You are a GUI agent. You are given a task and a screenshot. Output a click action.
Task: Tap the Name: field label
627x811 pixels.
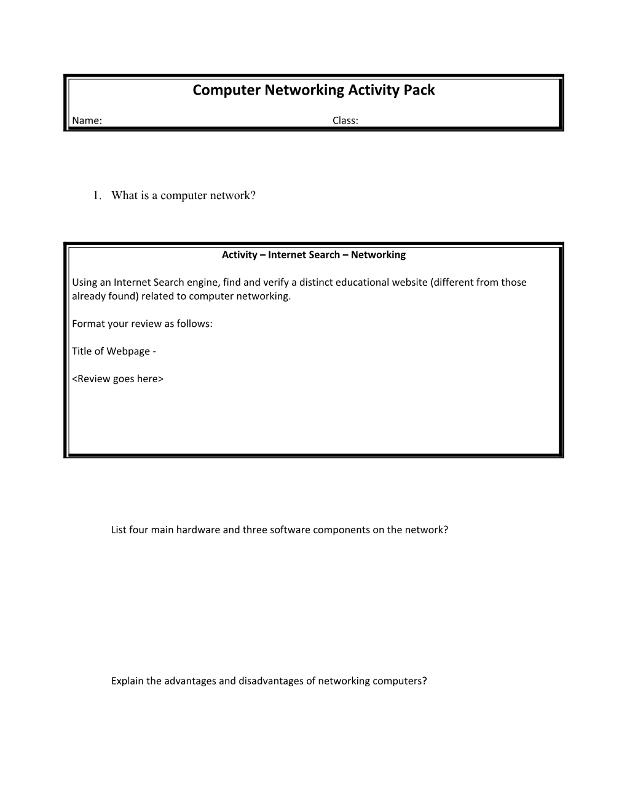tap(87, 120)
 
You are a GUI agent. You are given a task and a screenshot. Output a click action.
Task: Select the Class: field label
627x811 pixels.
tap(345, 120)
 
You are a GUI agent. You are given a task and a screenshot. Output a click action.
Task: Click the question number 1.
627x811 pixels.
tap(96, 195)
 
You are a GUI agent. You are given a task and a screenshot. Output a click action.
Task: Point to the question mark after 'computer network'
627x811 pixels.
tap(252, 195)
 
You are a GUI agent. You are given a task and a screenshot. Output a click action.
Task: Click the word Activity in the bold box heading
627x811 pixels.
tap(239, 255)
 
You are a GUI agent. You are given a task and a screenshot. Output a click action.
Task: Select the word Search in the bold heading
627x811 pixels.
tap(317, 255)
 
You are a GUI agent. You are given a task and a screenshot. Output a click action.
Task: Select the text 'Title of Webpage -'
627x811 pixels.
tap(114, 351)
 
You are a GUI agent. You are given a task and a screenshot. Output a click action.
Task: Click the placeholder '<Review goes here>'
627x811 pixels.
tap(117, 379)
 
